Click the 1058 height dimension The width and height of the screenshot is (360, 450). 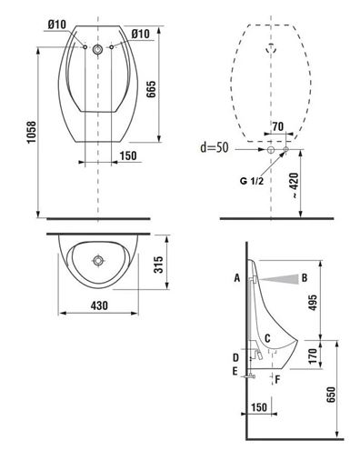point(31,133)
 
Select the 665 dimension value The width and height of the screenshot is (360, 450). point(151,89)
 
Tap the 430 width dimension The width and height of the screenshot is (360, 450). point(99,305)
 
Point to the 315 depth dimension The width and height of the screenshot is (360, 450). point(158,265)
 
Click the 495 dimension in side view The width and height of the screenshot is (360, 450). point(312,302)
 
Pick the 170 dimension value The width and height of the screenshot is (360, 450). point(313,355)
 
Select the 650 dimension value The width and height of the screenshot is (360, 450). point(331,395)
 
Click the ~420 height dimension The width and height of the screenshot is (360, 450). point(295,185)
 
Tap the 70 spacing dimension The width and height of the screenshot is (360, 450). point(277,126)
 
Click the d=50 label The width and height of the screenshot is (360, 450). point(215,147)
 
